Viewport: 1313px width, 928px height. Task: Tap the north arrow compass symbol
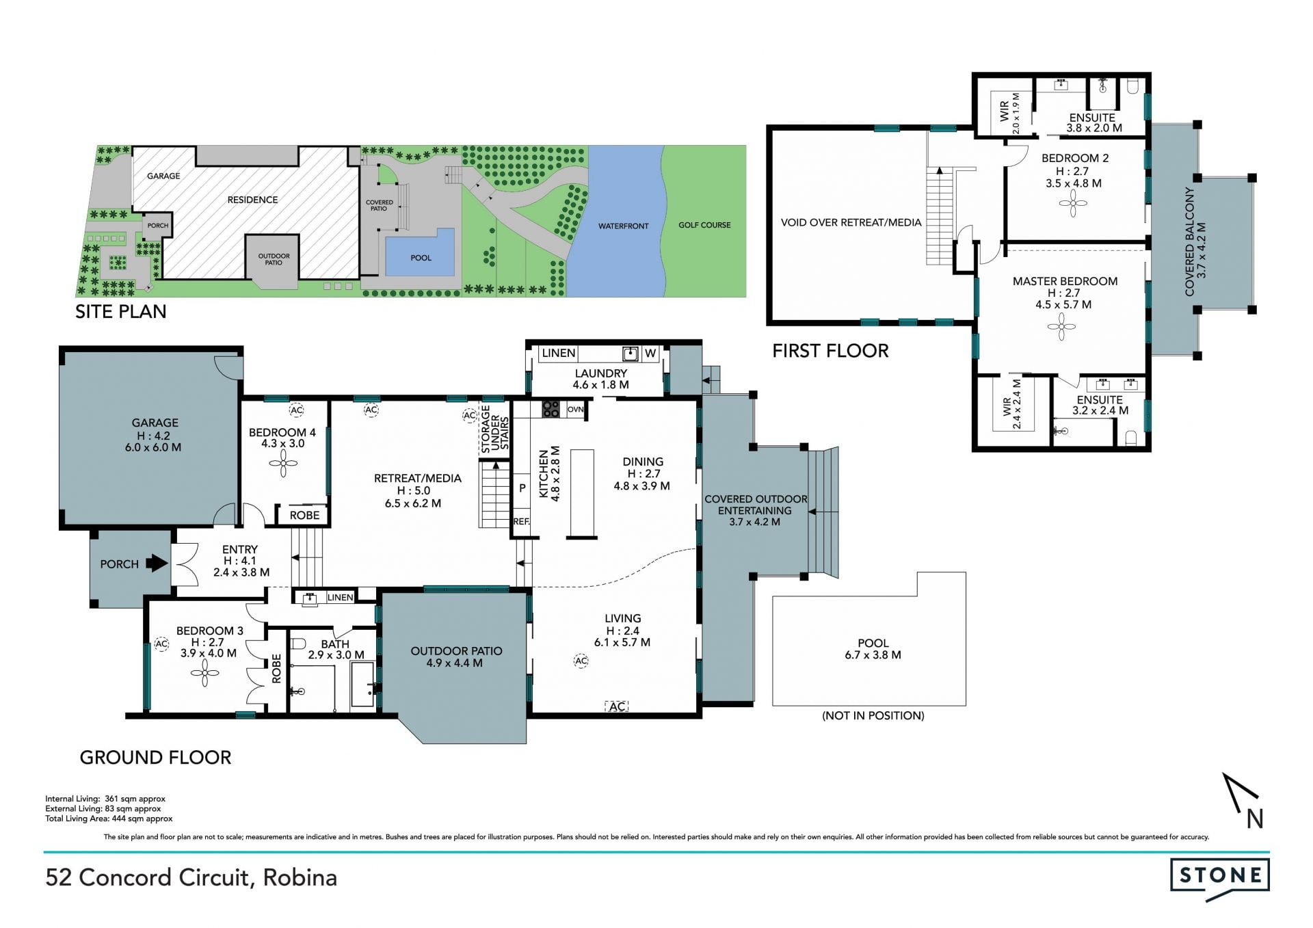[1242, 801]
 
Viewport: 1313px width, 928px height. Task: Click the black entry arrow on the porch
[157, 564]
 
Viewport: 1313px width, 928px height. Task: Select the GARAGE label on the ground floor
[155, 423]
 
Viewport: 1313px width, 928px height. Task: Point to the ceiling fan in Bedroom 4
[283, 464]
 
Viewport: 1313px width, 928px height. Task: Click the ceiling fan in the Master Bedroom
[1061, 326]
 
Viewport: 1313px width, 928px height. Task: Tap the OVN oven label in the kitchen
[575, 410]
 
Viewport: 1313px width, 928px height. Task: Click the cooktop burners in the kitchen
[551, 410]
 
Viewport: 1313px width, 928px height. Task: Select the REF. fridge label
[522, 521]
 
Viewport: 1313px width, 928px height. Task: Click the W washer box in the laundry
[650, 354]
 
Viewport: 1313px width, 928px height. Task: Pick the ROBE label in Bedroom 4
[304, 515]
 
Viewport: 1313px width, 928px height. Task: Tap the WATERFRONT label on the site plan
[623, 226]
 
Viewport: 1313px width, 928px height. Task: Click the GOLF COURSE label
[704, 225]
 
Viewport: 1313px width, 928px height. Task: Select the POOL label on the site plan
[421, 258]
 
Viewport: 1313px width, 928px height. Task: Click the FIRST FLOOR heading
[830, 351]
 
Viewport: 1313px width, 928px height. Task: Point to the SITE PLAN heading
[121, 312]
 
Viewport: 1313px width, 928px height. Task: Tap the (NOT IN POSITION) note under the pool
[873, 715]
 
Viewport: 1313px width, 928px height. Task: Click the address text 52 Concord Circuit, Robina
[191, 877]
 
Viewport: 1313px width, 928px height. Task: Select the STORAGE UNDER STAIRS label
[495, 429]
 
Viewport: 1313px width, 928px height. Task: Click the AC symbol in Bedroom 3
[161, 644]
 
